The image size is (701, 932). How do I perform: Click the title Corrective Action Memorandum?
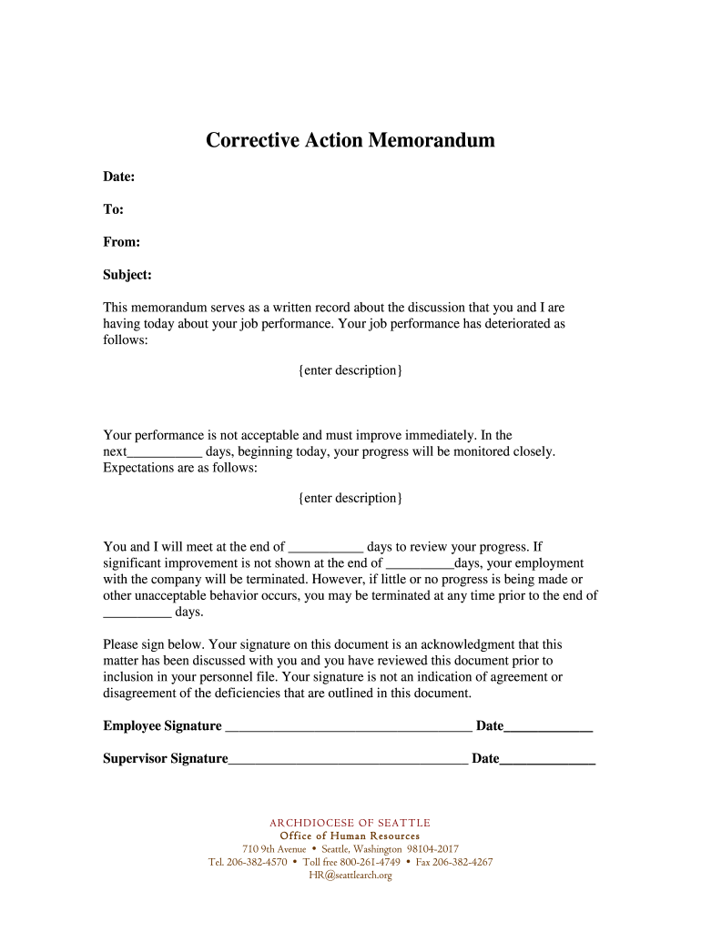(350, 140)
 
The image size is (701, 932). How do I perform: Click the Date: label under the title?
(119, 176)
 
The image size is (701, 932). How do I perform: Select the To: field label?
(113, 209)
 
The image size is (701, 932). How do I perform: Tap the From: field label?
(121, 242)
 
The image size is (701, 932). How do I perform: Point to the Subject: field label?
(127, 275)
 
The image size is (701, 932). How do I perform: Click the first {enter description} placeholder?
(350, 370)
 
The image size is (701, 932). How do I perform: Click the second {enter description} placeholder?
(350, 498)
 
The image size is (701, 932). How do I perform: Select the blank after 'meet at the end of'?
(326, 549)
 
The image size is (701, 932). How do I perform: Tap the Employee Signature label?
(162, 725)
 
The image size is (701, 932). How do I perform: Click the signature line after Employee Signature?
(348, 727)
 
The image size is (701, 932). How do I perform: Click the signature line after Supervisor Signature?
(348, 760)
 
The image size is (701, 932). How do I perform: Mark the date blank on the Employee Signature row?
(548, 727)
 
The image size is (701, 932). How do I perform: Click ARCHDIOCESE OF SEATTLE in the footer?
(350, 823)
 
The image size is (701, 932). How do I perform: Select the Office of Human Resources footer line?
(350, 836)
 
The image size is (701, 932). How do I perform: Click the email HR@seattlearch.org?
(350, 876)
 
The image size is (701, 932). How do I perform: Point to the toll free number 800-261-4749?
(370, 862)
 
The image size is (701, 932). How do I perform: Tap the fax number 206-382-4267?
(462, 862)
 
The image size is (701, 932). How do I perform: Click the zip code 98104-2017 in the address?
(432, 849)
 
